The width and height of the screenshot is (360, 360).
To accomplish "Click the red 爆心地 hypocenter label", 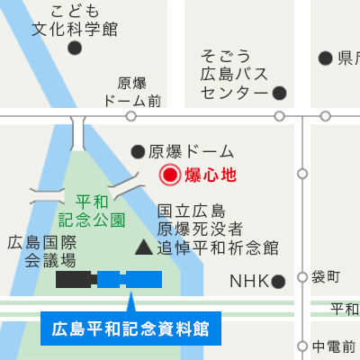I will point(210,175).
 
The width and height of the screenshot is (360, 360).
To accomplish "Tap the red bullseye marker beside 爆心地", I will point(169,175).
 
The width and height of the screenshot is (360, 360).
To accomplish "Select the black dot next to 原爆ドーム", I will point(138,151).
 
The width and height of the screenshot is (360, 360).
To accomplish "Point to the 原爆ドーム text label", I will point(191,151).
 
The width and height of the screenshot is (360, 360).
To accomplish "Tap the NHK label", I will point(249,281).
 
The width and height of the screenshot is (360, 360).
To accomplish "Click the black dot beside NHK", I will point(279,281).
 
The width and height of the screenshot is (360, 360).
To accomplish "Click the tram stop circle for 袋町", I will point(302,276).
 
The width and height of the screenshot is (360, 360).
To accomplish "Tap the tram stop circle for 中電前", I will point(302,346).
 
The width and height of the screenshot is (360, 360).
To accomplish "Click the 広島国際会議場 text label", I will point(42,251).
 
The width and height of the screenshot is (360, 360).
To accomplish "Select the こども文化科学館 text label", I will point(75,20).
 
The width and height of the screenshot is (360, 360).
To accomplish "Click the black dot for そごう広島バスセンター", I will point(279,92).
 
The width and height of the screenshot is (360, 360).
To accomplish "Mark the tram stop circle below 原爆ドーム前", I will point(131,116).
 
